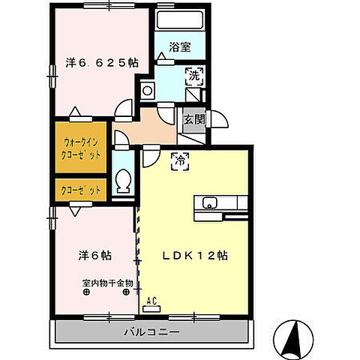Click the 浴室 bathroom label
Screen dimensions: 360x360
coord(180,47)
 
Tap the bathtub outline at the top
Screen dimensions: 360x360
coord(180,20)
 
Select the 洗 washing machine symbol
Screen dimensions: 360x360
coord(193,76)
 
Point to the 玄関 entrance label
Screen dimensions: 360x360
coord(194,119)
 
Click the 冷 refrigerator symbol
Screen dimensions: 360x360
coord(180,161)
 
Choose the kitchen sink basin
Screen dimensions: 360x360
coord(208,202)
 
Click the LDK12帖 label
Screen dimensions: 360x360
coord(195,256)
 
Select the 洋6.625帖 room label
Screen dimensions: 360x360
coord(102,63)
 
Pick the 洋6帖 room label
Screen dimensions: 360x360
coord(95,256)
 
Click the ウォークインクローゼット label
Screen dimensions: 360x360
coord(81,149)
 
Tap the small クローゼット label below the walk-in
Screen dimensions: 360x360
coord(81,190)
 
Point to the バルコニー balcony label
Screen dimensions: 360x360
coord(151,332)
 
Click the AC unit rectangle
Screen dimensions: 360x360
coord(151,309)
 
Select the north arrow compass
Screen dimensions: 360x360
coord(293,340)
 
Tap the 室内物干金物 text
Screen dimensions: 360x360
coord(107,283)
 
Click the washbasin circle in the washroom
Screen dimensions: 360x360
coord(147,91)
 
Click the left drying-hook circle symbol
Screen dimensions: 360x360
coord(86,292)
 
